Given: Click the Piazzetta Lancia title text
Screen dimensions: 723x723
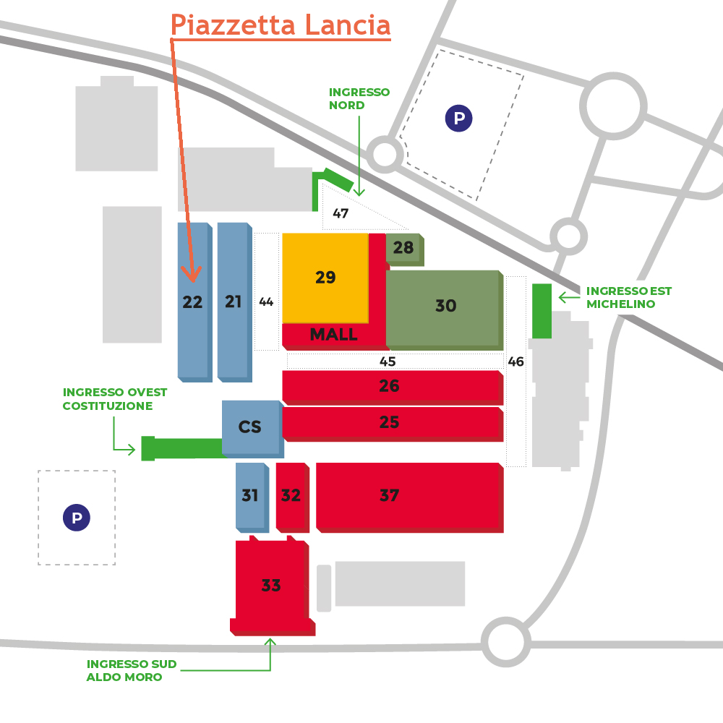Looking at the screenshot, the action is (x=281, y=25).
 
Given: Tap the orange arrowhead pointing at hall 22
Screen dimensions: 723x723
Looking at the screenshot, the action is (x=192, y=275).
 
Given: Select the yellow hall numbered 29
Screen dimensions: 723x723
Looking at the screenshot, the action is (x=325, y=278).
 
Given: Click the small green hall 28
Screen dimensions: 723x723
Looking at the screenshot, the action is (x=404, y=249).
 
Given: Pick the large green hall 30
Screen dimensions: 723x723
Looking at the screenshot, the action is (x=444, y=309).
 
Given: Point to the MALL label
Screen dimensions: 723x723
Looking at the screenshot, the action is (x=333, y=334).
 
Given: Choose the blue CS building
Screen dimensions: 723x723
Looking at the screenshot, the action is (x=252, y=428).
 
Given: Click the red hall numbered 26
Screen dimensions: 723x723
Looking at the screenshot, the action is (x=393, y=388).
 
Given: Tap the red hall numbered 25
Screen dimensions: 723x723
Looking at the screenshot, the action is (x=393, y=424).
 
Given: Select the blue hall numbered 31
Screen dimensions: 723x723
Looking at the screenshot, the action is (x=252, y=497).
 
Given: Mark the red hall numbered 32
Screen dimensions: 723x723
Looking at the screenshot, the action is (x=292, y=497).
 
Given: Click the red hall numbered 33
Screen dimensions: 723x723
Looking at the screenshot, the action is (x=272, y=586).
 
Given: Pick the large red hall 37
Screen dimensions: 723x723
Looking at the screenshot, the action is (x=409, y=497).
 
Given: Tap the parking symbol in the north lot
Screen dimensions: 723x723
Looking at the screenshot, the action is (x=459, y=119).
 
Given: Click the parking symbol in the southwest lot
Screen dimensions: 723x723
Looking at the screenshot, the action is (x=77, y=518).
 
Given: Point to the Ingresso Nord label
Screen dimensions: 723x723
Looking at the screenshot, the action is (x=359, y=98).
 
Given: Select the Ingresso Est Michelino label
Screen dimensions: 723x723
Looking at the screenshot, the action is (x=629, y=297).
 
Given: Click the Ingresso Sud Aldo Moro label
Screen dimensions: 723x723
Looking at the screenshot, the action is (x=132, y=670).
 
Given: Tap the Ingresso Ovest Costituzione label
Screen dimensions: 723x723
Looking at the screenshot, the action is (x=115, y=399).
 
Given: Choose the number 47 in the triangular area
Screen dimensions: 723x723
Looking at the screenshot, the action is (x=341, y=213).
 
